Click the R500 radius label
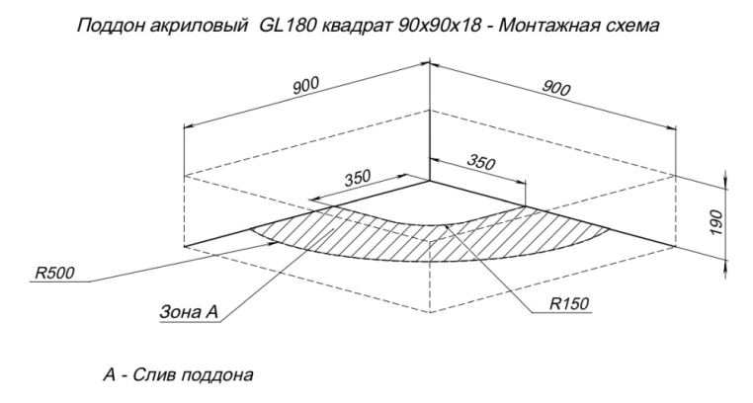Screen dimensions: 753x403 tap(54, 273)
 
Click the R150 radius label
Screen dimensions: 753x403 tap(569, 303)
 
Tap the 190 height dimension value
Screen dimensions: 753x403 tap(716, 222)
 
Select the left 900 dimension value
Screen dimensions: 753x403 tap(306, 85)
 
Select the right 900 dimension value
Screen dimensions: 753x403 tap(556, 88)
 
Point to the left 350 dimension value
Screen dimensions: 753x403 tap(358, 178)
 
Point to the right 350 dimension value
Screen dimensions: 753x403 tap(480, 163)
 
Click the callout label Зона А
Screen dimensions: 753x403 tap(189, 312)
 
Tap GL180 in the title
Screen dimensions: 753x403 tap(288, 25)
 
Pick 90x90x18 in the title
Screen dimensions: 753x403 tap(440, 26)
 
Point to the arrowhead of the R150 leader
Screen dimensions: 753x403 tap(448, 226)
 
